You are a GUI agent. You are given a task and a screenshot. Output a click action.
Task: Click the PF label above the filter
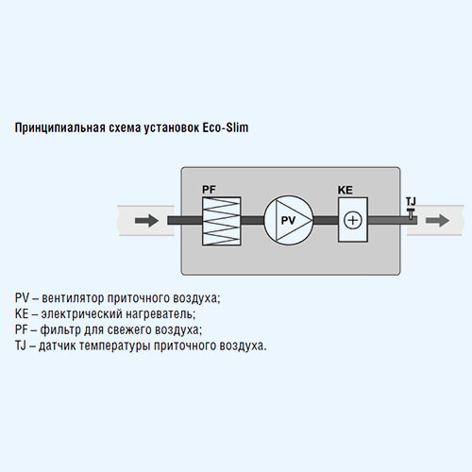pyautogui.click(x=209, y=190)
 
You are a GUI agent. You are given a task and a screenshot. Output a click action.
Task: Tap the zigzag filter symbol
pyautogui.click(x=222, y=221)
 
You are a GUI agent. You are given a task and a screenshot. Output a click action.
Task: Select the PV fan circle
pyautogui.click(x=289, y=220)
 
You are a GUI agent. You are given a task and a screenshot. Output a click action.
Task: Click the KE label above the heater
pyautogui.click(x=346, y=190)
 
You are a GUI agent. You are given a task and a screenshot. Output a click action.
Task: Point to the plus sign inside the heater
pyautogui.click(x=353, y=220)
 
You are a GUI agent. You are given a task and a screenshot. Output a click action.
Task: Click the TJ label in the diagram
pyautogui.click(x=411, y=201)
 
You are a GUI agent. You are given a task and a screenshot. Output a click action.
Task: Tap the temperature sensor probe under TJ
pyautogui.click(x=411, y=213)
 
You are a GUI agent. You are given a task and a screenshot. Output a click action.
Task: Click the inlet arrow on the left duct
pyautogui.click(x=146, y=220)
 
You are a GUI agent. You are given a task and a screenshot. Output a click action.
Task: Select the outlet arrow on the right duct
pyautogui.click(x=438, y=220)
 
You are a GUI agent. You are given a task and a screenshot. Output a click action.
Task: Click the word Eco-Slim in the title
pyautogui.click(x=226, y=127)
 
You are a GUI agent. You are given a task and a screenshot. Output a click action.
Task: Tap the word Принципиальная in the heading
pyautogui.click(x=60, y=128)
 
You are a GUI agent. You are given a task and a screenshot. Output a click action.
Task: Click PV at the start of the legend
pyautogui.click(x=22, y=297)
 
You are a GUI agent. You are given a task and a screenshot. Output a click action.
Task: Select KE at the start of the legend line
pyautogui.click(x=22, y=313)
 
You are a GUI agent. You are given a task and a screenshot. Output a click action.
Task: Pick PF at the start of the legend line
pyautogui.click(x=22, y=329)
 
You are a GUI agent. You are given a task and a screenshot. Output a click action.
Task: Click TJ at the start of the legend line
pyautogui.click(x=21, y=346)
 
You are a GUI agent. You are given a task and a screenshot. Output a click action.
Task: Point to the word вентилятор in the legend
pyautogui.click(x=73, y=298)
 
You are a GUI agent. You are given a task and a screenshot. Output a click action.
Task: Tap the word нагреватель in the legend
pyautogui.click(x=160, y=314)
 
